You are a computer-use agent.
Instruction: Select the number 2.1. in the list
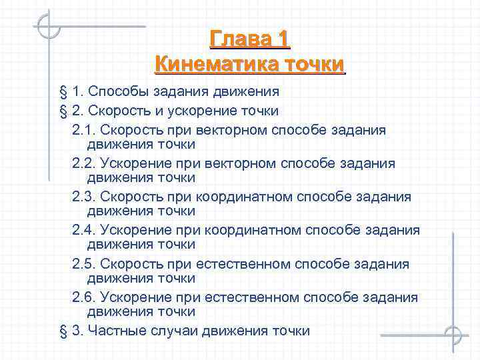click(x=84, y=130)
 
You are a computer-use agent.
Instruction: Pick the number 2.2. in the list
click(x=84, y=163)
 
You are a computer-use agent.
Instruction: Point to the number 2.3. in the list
click(x=84, y=197)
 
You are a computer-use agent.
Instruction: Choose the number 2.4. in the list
click(x=84, y=230)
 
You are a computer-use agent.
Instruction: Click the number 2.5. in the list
click(x=84, y=264)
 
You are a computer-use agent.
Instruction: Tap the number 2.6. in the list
click(x=84, y=297)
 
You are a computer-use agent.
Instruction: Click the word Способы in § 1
click(x=115, y=91)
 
